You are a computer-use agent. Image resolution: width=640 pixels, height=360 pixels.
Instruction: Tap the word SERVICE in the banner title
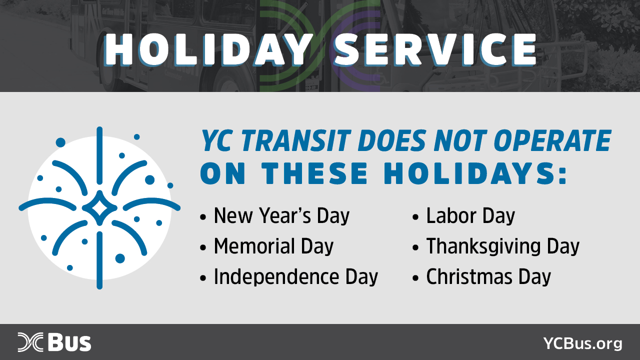[435, 50]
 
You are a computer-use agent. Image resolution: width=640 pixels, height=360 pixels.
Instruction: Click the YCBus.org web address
[583, 343]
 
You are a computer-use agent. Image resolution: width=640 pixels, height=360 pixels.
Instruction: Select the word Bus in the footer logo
[69, 342]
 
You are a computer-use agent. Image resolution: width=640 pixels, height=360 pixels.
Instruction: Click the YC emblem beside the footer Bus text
[30, 342]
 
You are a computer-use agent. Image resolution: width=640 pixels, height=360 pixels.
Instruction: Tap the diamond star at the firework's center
[99, 208]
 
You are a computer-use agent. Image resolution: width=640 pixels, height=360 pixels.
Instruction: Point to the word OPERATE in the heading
[552, 140]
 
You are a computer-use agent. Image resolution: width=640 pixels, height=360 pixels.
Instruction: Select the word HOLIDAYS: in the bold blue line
[475, 173]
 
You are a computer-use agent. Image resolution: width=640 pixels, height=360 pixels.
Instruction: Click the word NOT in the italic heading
[460, 140]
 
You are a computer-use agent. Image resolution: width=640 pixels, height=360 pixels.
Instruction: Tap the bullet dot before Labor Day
[415, 217]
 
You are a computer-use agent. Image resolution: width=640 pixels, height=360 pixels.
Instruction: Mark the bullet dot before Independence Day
[203, 277]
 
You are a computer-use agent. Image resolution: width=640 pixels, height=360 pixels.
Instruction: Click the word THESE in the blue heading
[314, 173]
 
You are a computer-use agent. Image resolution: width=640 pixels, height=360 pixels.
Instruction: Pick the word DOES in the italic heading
[391, 140]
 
